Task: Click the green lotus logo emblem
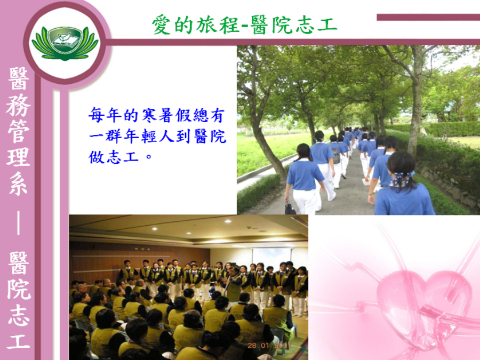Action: pyautogui.click(x=65, y=43)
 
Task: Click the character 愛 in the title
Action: pyautogui.click(x=162, y=25)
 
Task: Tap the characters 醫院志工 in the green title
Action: pyautogui.click(x=294, y=25)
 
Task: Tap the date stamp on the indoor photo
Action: pyautogui.click(x=269, y=345)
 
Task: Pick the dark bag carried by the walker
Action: pyautogui.click(x=290, y=208)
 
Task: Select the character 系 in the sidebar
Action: pyautogui.click(x=18, y=183)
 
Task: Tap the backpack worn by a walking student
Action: pyautogui.click(x=337, y=155)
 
